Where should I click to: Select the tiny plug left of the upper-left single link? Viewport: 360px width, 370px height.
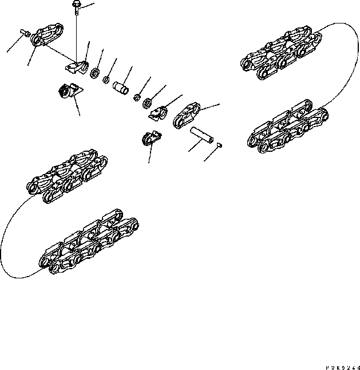point(26,34)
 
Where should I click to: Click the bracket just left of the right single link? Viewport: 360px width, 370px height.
point(159,113)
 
